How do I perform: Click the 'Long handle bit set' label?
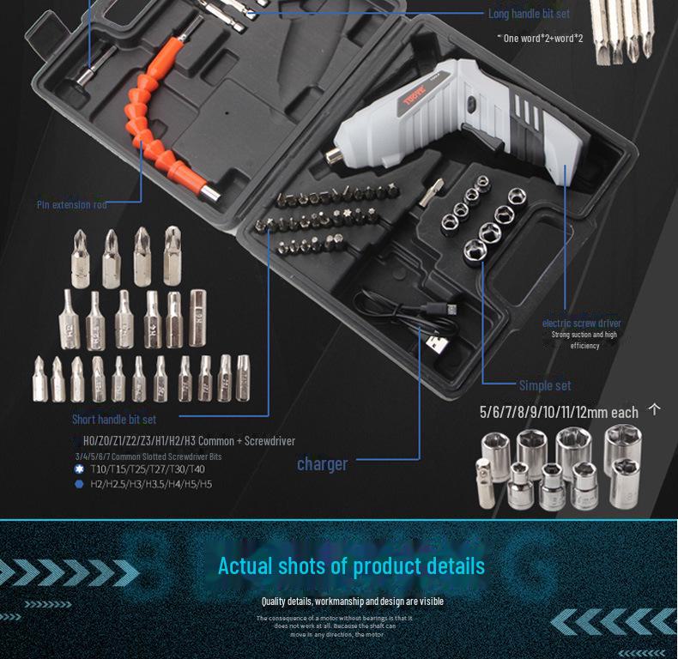point(529,14)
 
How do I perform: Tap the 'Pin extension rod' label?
point(72,204)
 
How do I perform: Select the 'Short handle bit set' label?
point(114,420)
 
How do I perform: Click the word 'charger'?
point(322,464)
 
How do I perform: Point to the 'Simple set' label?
point(544,385)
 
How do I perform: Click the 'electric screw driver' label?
point(581,323)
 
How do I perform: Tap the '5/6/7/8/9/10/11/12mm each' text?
point(559,413)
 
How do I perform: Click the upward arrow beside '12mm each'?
point(655,409)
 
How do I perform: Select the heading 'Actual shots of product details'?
point(351,566)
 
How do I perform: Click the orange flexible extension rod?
point(160,120)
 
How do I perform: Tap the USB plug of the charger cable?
point(437,342)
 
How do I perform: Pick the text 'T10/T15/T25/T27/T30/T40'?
point(147,469)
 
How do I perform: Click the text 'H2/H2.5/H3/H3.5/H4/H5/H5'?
point(151,484)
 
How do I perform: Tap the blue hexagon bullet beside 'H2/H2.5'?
point(79,484)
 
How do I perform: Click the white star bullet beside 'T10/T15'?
point(79,469)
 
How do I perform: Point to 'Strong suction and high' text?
point(584,335)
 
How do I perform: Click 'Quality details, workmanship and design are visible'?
point(352,602)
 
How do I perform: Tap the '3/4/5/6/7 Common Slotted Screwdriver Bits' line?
point(148,456)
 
